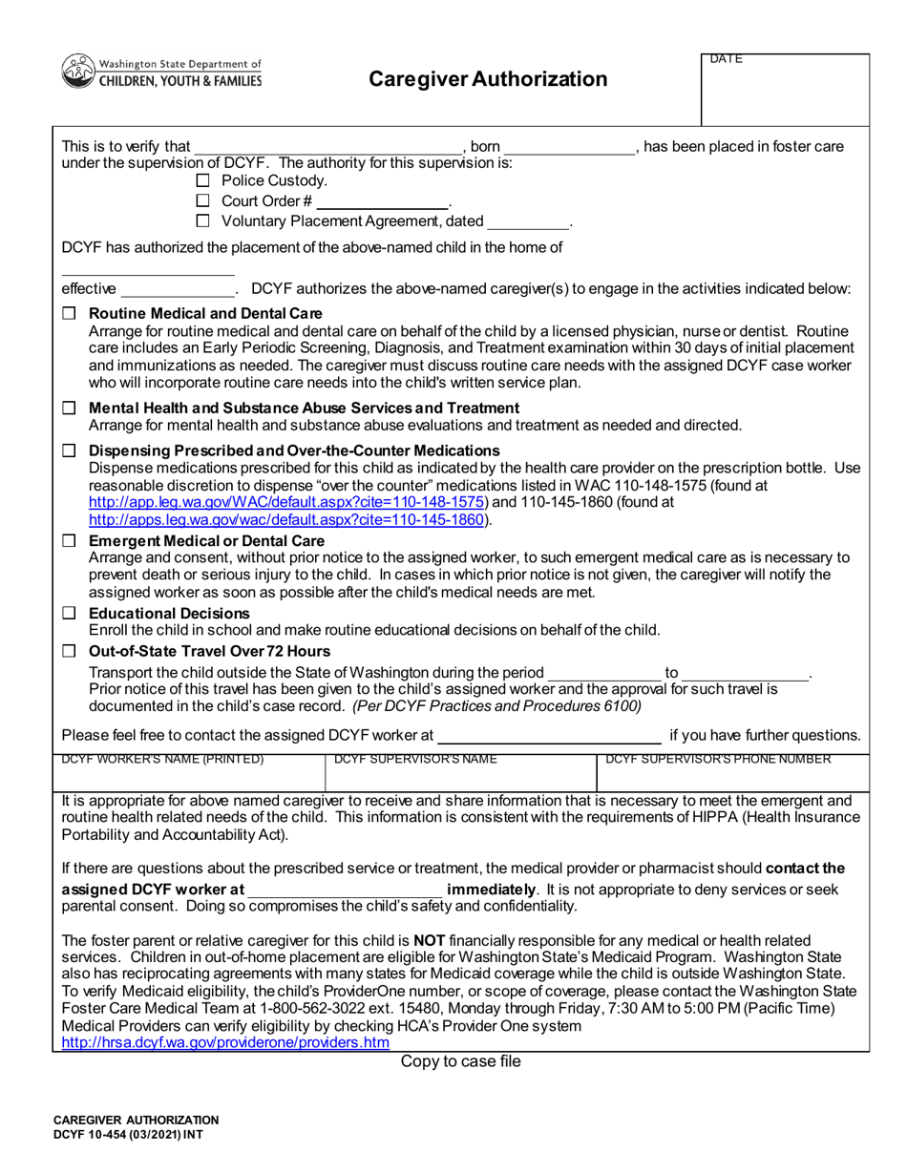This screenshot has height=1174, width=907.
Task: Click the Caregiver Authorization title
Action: [x=488, y=79]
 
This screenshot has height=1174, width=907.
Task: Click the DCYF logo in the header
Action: [x=161, y=73]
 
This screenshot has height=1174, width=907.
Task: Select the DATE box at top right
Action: [x=786, y=91]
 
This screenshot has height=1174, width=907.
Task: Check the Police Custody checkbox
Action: [x=201, y=181]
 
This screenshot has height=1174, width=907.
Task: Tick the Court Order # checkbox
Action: [x=201, y=201]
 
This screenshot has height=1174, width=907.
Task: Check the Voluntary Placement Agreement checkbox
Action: [x=201, y=222]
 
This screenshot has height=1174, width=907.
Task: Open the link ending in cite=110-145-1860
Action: [x=288, y=520]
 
